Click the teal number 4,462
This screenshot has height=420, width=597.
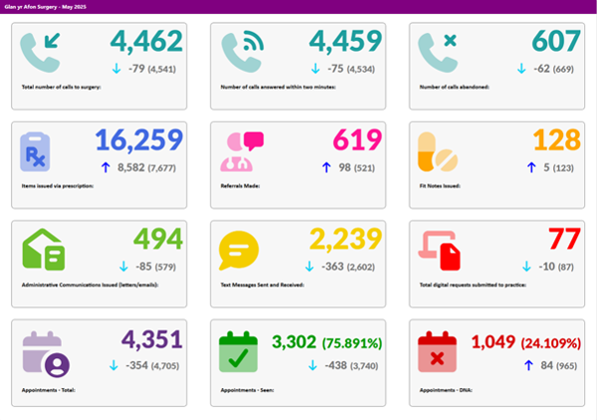pos(146,41)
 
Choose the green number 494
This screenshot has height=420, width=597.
pos(158,240)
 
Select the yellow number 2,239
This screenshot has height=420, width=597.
pos(345,240)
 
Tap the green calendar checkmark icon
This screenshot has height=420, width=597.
pos(240,351)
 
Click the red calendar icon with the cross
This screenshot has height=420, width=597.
pos(439,351)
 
